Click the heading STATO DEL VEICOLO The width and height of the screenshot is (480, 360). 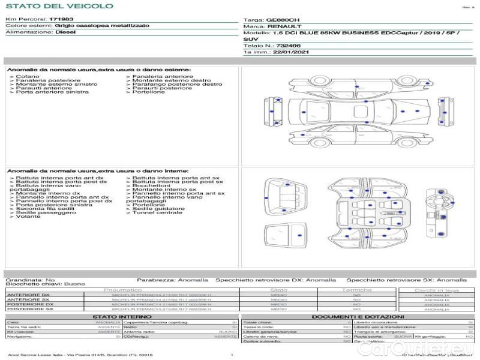[x=59, y=7]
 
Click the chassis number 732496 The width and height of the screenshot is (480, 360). [x=289, y=46]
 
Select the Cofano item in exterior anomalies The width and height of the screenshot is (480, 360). [x=28, y=77]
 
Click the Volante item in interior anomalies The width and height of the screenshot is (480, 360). [x=28, y=216]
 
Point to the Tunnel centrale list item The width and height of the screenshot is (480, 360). [x=157, y=212]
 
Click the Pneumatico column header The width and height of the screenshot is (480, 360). [x=122, y=290]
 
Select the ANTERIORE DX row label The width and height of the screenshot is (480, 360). [x=28, y=295]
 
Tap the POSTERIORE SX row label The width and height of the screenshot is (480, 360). [x=29, y=308]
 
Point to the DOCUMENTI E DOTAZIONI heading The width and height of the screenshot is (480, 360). [x=358, y=316]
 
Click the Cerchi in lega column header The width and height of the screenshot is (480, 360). [x=436, y=290]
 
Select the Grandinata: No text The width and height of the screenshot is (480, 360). [x=30, y=280]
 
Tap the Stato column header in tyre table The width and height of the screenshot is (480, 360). [x=279, y=290]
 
